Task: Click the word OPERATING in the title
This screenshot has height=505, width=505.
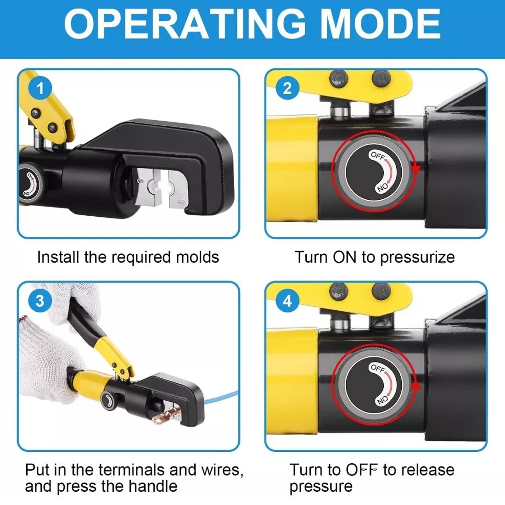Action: (x=185, y=24)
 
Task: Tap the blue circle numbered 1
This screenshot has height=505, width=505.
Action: (x=40, y=88)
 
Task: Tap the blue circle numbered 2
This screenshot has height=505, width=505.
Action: (x=287, y=88)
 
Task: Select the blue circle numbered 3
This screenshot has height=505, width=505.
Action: (x=40, y=301)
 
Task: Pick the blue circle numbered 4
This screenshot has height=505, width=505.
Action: (x=287, y=301)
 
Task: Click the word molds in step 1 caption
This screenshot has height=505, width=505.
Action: (x=197, y=258)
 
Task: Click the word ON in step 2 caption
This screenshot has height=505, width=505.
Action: (x=345, y=258)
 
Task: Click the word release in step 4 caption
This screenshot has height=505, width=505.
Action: (x=428, y=470)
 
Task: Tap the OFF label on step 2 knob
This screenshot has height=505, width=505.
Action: (x=378, y=156)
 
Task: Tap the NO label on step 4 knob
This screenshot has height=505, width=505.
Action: (x=382, y=400)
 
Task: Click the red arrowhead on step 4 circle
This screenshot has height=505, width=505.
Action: (x=415, y=385)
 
